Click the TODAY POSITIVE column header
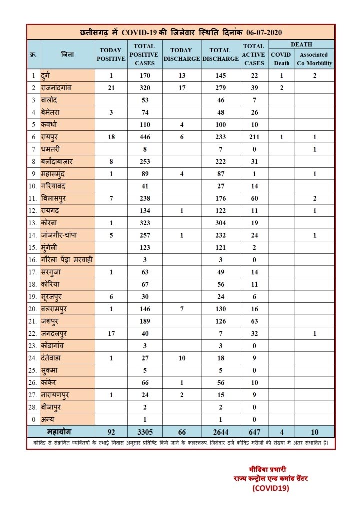[112, 54]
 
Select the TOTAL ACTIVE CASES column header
[254, 54]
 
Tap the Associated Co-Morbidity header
[314, 59]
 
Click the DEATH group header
[301, 44]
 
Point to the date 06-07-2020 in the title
[264, 32]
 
